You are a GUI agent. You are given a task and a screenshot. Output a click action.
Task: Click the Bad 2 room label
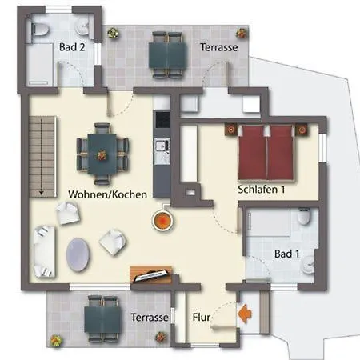point(72,47)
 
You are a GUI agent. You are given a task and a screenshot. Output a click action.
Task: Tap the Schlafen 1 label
point(262,190)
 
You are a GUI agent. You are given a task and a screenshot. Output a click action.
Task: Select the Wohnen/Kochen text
point(107,194)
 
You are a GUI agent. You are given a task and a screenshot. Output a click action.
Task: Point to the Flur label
point(202,318)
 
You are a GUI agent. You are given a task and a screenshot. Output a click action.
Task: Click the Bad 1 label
point(287,254)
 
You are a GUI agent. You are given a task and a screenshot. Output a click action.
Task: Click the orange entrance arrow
point(245,314)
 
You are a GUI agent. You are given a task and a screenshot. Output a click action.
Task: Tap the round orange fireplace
point(162,221)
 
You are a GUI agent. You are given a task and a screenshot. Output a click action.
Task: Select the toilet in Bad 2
point(40,30)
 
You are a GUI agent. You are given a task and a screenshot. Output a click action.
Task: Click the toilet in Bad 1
point(304,217)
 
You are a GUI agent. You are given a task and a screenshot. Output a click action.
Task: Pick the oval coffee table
point(78,254)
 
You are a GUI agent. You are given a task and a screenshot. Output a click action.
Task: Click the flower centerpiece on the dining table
point(102,155)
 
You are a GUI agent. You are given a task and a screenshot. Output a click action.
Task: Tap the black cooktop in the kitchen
point(162,120)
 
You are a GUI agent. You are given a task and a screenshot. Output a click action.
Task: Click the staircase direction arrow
point(42,157)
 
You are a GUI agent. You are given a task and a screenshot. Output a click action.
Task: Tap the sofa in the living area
point(44,251)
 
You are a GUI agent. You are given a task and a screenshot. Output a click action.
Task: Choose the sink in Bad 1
point(309,265)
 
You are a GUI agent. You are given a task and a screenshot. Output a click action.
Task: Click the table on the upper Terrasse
point(168,55)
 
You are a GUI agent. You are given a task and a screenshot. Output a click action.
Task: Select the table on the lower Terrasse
point(102,319)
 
